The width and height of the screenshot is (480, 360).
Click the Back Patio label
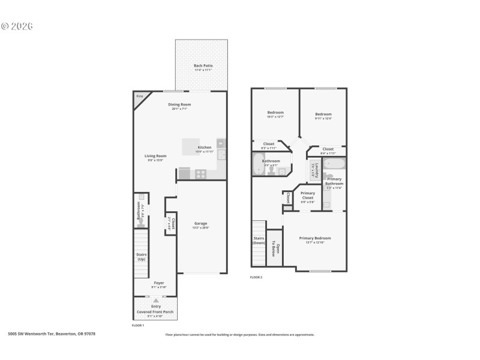203,65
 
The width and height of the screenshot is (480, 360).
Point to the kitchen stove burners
200,174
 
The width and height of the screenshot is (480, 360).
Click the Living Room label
155,156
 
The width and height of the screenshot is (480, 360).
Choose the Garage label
200,223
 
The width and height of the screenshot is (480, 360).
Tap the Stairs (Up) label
142,256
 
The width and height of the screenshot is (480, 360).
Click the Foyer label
158,283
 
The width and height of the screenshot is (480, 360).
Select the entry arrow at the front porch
156,299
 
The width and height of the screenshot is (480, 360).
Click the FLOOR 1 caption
138,325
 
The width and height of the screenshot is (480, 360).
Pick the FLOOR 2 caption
256,277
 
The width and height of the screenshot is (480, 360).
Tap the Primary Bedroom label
315,238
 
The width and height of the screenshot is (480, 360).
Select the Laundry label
316,170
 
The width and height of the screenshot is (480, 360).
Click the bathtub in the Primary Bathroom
335,164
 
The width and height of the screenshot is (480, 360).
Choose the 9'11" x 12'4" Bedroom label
323,114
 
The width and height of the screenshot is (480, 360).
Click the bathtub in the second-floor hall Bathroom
259,164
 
